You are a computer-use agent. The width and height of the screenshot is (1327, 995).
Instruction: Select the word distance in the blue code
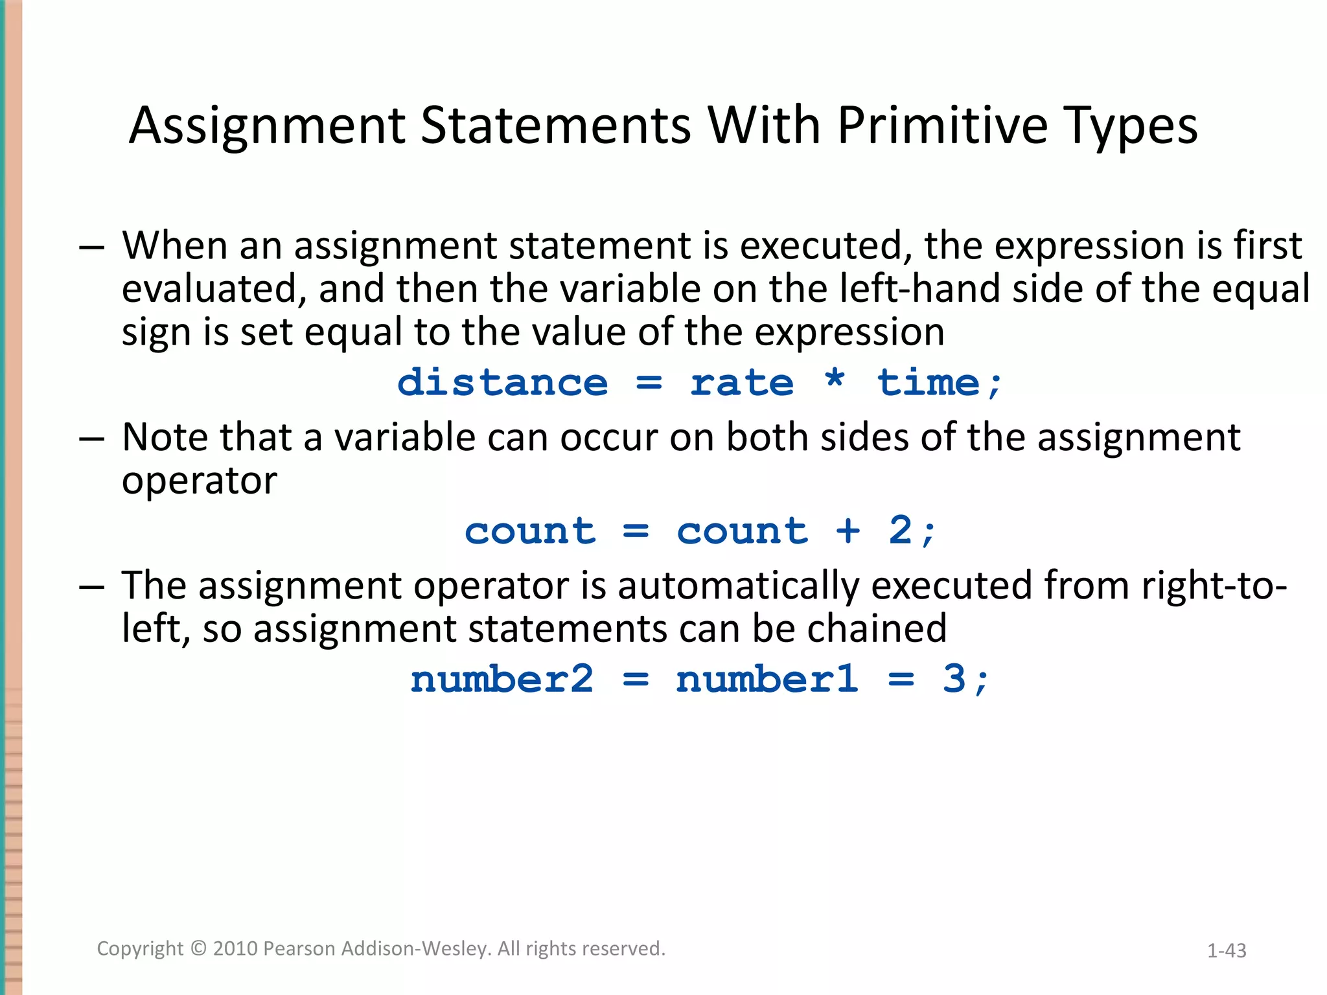pos(503,382)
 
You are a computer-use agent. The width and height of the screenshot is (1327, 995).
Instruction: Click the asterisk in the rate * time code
pos(835,378)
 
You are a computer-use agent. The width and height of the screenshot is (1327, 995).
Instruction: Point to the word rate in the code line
pos(741,383)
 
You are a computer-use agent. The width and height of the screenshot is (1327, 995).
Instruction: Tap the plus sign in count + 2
pos(848,531)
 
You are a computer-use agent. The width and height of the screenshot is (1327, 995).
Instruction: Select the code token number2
pos(502,679)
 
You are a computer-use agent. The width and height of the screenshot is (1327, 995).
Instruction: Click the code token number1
pos(767,679)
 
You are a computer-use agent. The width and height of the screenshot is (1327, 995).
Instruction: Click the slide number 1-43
pos(1227,950)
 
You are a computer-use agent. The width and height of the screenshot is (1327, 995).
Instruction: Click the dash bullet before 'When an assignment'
pos(91,247)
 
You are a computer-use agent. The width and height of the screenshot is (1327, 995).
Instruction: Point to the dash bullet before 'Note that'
pos(91,439)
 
